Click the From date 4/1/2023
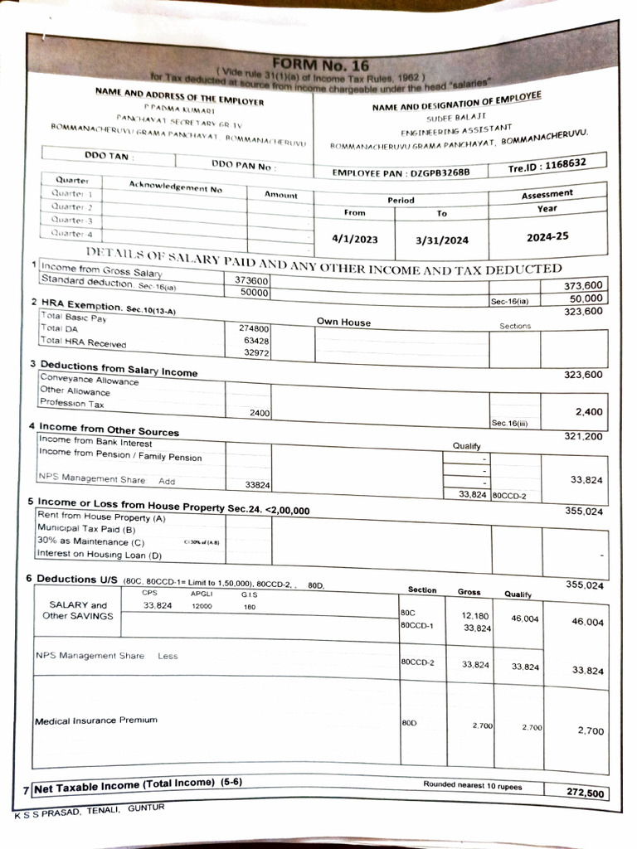[x=354, y=240]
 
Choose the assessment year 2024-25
[x=547, y=236]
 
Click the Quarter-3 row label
[x=71, y=220]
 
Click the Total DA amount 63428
[x=256, y=341]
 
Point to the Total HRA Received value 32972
[x=256, y=353]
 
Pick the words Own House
[x=343, y=322]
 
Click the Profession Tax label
[x=73, y=403]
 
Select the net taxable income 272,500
[x=585, y=793]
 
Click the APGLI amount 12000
[x=203, y=606]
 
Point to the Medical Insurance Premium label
[x=95, y=720]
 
